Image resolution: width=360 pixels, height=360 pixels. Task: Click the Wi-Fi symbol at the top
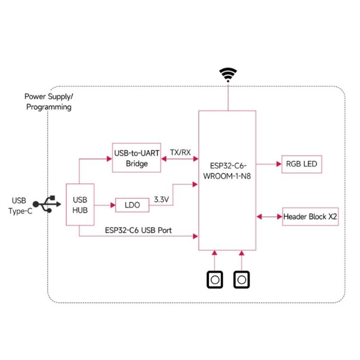point(228,74)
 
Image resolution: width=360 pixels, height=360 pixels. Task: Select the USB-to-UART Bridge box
point(137,158)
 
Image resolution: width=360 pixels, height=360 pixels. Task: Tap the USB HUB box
point(80,204)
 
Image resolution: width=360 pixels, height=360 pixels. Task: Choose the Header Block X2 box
point(310,216)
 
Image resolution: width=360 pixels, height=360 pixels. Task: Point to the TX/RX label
point(180,152)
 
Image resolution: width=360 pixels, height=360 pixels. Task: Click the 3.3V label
point(161,198)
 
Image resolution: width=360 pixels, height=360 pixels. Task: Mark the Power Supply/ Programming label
point(48,102)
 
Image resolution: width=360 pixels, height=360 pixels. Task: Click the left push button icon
point(215,279)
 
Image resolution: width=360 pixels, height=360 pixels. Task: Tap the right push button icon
point(242,279)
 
